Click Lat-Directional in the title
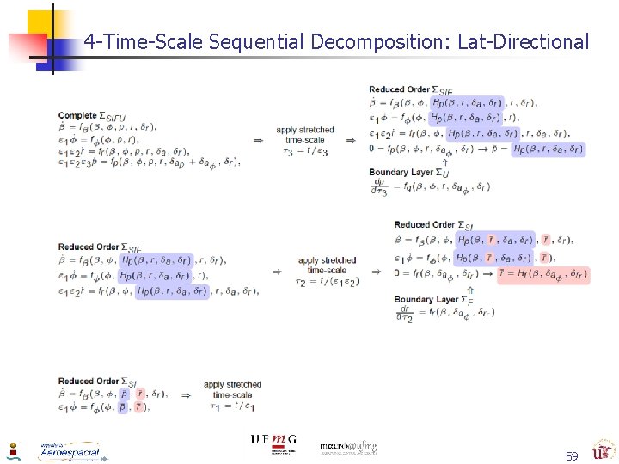524,41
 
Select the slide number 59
571,455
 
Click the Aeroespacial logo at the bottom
69,451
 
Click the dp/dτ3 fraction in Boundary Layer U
379,186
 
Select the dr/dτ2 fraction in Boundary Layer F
404,314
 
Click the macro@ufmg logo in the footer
347,447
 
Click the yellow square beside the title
39,23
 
